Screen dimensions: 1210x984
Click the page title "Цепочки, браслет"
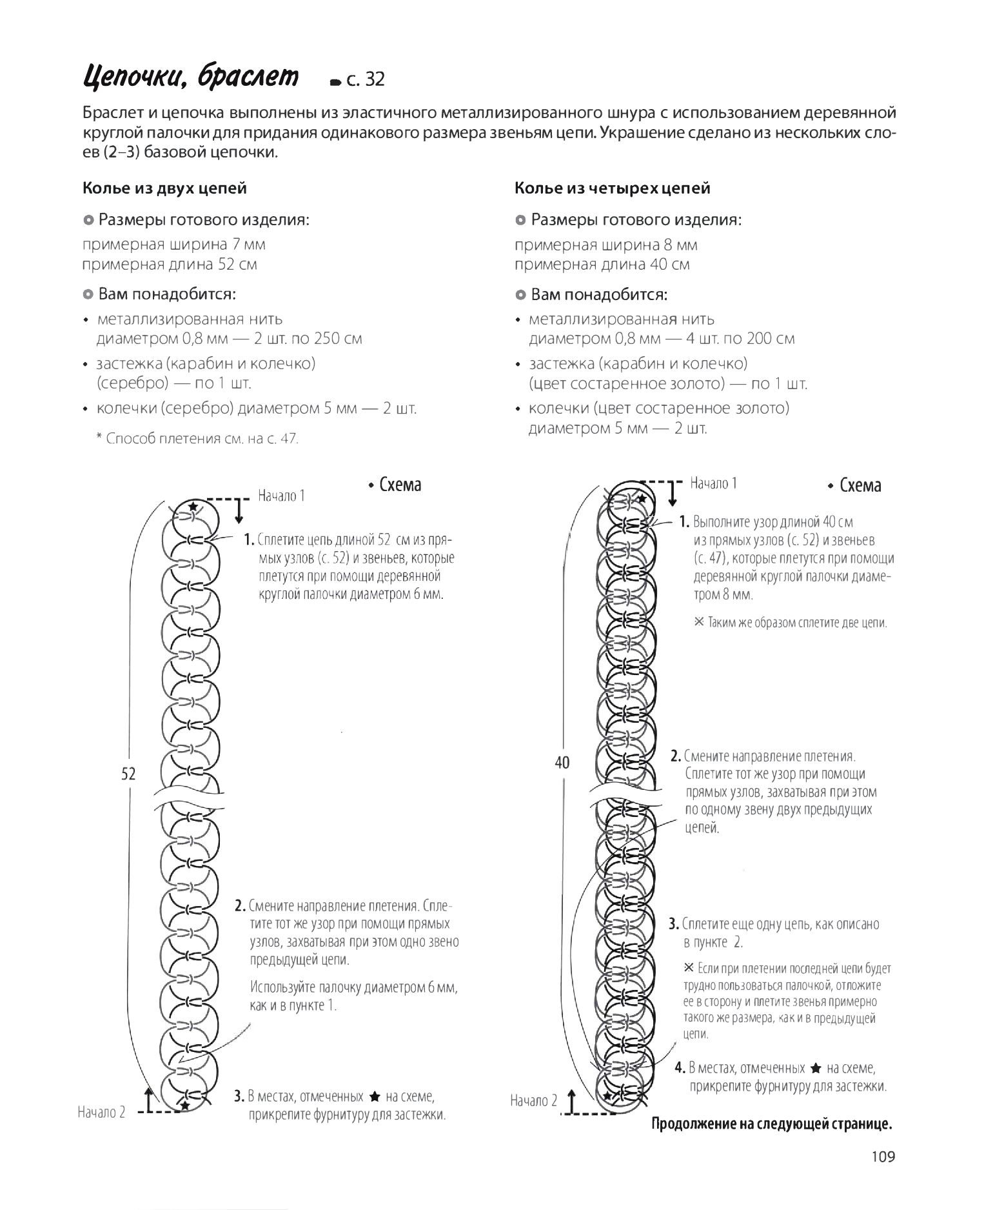(x=191, y=77)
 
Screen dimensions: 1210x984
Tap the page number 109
(x=882, y=1156)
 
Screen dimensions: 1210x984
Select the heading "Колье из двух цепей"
(x=164, y=188)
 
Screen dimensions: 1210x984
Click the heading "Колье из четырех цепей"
(x=612, y=188)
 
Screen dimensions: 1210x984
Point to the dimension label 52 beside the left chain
(x=128, y=774)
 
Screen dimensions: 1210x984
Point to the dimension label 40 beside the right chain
(x=562, y=763)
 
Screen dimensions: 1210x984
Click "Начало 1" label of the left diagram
(x=281, y=496)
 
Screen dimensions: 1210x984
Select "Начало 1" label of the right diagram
(x=713, y=483)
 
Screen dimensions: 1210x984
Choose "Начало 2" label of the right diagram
(x=533, y=1101)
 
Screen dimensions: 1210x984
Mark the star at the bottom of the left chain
(x=185, y=1106)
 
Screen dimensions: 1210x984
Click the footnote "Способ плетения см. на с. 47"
(x=197, y=439)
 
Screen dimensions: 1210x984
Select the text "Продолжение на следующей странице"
(x=772, y=1124)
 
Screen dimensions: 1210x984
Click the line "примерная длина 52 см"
(x=170, y=265)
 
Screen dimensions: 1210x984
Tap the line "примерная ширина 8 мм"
(x=605, y=245)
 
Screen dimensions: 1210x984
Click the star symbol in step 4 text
(x=815, y=1068)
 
